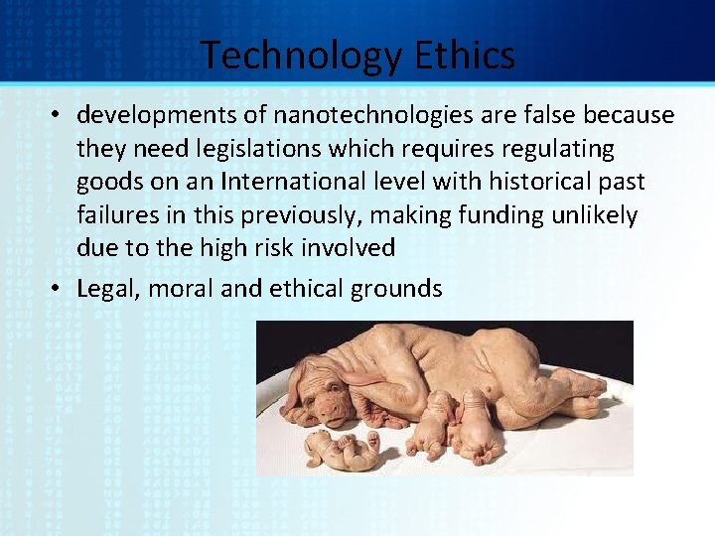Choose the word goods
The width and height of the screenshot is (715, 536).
(x=106, y=183)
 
